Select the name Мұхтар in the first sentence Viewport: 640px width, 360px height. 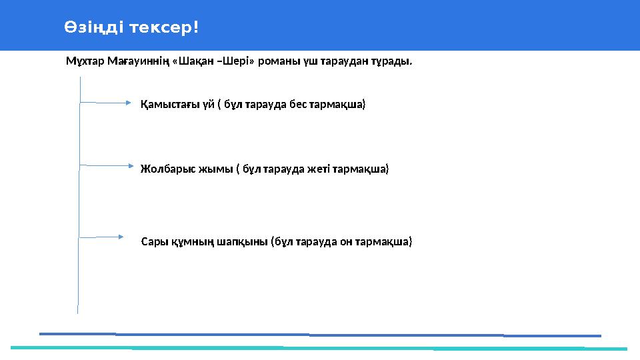point(82,62)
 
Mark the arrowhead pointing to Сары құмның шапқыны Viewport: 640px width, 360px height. point(121,236)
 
